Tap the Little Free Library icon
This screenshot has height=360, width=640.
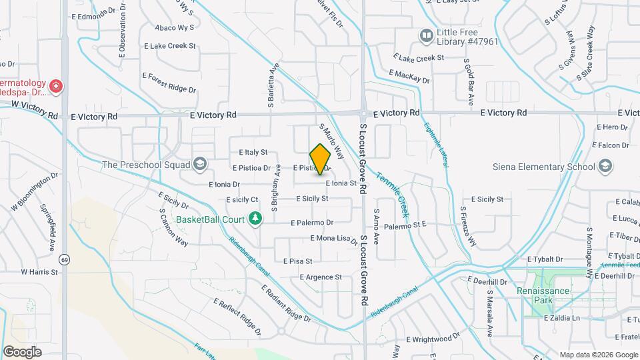(425, 35)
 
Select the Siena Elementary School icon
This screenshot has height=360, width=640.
(605, 165)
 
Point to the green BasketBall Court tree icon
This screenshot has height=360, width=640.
(254, 218)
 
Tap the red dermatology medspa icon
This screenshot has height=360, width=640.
(56, 86)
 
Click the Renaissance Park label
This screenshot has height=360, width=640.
(543, 291)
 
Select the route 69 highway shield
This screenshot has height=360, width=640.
(64, 259)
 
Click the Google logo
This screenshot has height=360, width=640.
(22, 351)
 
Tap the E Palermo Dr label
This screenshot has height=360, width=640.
(312, 223)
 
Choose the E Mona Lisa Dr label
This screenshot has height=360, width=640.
(335, 238)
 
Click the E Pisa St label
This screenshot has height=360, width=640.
(298, 261)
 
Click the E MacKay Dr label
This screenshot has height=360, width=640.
(409, 76)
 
